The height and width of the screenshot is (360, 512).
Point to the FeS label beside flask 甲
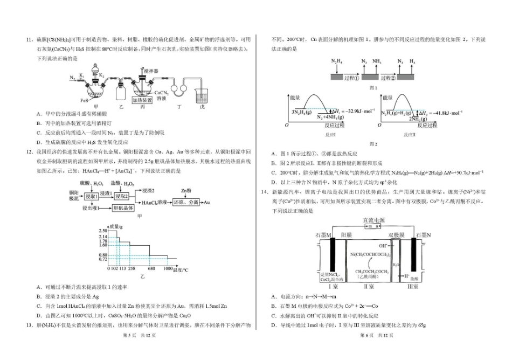point(85,100)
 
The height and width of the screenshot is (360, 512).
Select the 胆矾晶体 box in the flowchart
point(124,207)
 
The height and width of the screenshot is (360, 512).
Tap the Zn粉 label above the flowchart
point(186,190)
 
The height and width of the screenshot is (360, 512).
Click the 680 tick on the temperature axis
point(151,268)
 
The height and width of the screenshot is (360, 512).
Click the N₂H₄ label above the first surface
point(336,61)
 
